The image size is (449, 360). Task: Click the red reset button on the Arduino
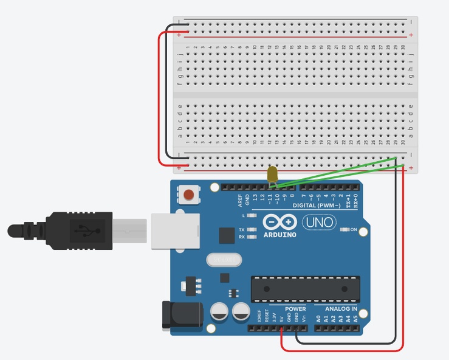189,195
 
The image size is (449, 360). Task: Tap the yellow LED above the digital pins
272,174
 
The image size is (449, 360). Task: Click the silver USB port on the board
175,230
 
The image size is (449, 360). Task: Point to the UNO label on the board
318,223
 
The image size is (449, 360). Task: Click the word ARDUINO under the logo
280,235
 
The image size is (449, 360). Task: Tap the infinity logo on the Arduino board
280,223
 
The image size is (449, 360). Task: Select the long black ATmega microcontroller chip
305,288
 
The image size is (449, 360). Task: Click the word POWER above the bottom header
295,308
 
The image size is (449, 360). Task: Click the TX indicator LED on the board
252,230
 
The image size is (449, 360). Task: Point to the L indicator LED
252,216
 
